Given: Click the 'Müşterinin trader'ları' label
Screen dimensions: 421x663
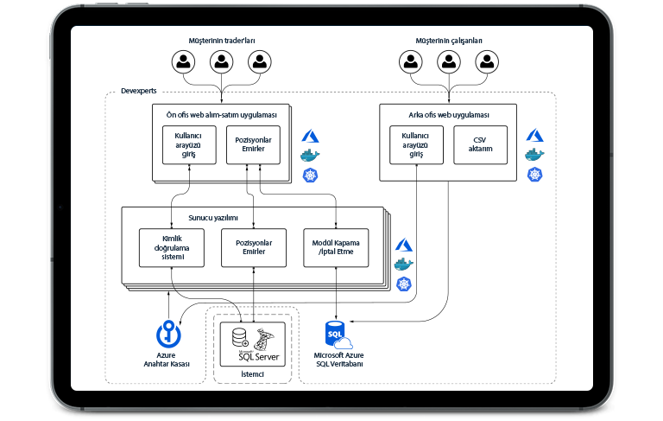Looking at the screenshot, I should tap(222, 41).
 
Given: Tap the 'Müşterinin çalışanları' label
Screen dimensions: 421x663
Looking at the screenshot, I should tap(448, 41).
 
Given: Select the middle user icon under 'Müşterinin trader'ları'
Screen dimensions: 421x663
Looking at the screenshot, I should tap(222, 61).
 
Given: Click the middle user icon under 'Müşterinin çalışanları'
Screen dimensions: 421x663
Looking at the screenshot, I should tap(448, 61).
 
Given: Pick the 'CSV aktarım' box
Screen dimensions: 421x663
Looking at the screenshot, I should tap(481, 144).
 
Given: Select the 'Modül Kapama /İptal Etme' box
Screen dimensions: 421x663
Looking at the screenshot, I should tap(334, 247).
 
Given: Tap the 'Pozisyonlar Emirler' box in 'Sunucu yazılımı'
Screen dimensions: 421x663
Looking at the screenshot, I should tap(253, 247).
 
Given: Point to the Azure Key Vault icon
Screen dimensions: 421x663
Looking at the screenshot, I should tap(167, 333).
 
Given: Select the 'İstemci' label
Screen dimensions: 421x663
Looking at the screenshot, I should tap(252, 373).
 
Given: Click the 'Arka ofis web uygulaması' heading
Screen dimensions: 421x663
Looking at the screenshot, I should tap(448, 115).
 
